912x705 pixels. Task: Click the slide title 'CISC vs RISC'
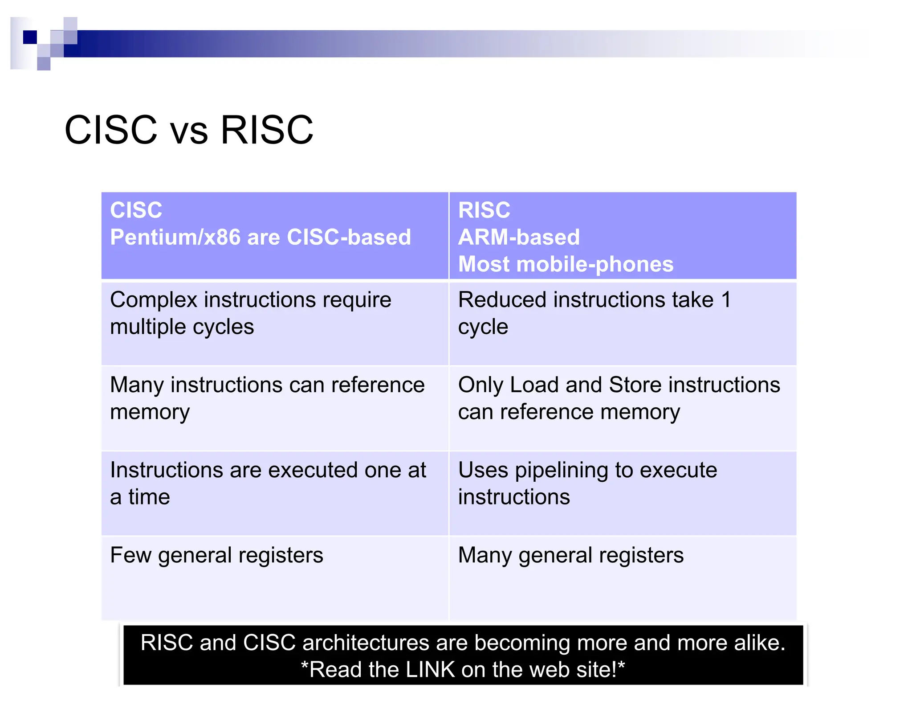tap(189, 130)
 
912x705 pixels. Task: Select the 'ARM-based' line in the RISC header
tap(519, 237)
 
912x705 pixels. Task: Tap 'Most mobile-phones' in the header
tap(566, 264)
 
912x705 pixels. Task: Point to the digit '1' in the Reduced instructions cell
tap(726, 300)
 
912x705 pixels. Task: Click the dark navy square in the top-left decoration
tap(30, 37)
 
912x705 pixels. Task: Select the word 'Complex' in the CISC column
tap(153, 300)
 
